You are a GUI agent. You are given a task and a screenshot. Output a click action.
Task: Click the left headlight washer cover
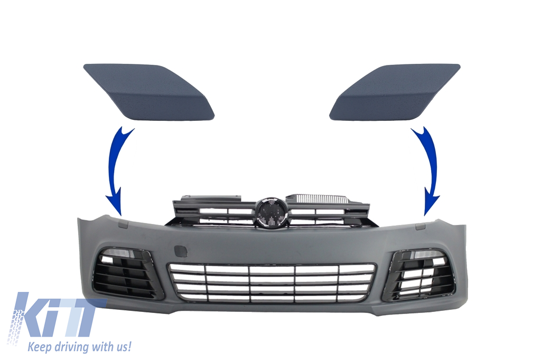click(x=148, y=91)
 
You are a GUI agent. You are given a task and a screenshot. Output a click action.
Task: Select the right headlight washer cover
click(x=395, y=91)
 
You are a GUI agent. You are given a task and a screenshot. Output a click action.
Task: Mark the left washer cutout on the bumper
click(x=122, y=224)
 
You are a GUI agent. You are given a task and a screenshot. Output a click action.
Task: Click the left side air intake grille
click(x=127, y=272)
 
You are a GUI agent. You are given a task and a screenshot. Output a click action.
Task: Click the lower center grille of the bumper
click(x=271, y=282)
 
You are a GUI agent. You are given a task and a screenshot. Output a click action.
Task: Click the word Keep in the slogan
click(x=40, y=347)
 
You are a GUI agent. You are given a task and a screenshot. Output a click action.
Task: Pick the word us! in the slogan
click(x=122, y=347)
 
